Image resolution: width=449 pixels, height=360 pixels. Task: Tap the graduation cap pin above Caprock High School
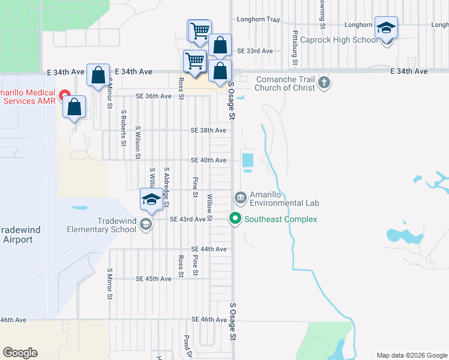click(386, 28)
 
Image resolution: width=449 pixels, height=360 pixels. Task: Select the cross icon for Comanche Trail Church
click(324, 82)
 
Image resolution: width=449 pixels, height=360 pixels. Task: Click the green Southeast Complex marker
click(235, 219)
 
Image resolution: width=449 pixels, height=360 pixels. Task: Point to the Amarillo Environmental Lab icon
click(240, 197)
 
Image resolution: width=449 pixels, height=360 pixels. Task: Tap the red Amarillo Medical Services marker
click(64, 96)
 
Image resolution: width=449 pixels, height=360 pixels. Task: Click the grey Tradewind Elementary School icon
click(145, 224)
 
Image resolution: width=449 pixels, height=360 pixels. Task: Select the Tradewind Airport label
click(16, 235)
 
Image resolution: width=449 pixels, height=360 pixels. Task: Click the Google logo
click(20, 353)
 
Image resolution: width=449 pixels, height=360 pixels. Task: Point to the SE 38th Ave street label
click(208, 130)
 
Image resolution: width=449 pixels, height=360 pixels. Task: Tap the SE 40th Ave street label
click(208, 160)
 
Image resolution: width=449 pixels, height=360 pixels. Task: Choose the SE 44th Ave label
click(208, 249)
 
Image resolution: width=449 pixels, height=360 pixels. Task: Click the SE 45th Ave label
click(154, 279)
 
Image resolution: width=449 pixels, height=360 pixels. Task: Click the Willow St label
click(209, 207)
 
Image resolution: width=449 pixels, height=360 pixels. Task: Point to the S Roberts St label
click(124, 127)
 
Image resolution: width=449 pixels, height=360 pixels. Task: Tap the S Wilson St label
click(137, 142)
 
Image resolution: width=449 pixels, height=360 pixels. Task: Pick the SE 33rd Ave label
click(255, 51)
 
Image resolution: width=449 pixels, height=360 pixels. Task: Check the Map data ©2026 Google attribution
click(411, 355)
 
